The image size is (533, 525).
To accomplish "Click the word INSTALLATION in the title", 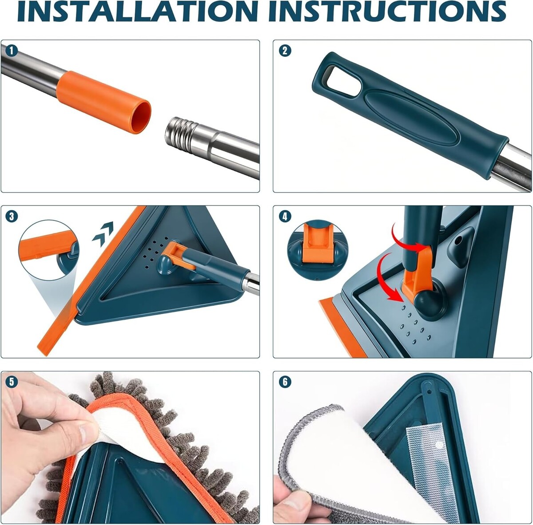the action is pyautogui.click(x=138, y=12).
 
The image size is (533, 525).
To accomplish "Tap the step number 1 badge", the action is pyautogui.click(x=12, y=51).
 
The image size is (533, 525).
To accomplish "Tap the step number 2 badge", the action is pyautogui.click(x=285, y=51).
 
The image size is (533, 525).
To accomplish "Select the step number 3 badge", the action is pyautogui.click(x=12, y=216).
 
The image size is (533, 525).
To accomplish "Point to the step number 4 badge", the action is pyautogui.click(x=285, y=216).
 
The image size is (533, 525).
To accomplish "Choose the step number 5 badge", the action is pyautogui.click(x=12, y=382).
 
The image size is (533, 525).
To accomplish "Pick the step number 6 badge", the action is pyautogui.click(x=285, y=382).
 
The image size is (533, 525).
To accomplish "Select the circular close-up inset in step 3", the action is pyautogui.click(x=49, y=250).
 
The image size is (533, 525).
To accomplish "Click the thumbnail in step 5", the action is pyautogui.click(x=88, y=432).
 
